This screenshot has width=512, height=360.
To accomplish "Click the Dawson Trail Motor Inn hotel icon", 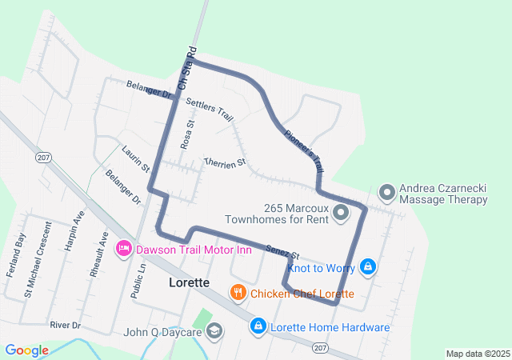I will coord(124,250).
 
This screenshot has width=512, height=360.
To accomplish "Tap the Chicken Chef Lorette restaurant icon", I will coord(238,294).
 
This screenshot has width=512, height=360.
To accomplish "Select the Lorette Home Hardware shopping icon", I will coord(258,326).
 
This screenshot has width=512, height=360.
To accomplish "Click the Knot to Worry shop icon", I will coord(367,266).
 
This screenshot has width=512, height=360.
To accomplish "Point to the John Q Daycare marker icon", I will coord(214,331).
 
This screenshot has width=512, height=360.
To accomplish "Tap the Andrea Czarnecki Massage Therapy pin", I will coord(386,192).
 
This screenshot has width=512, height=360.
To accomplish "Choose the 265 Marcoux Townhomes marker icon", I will coord(340,212).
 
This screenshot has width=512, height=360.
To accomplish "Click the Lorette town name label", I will coord(189,283).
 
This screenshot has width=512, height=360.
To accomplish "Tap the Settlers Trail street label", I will coord(209,110).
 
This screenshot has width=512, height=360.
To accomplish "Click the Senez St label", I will coord(282,251).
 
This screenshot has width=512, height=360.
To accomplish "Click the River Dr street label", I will coord(66,326).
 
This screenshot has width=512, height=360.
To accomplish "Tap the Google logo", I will coord(27,350).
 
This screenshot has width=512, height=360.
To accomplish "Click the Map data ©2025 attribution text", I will coord(477,354).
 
